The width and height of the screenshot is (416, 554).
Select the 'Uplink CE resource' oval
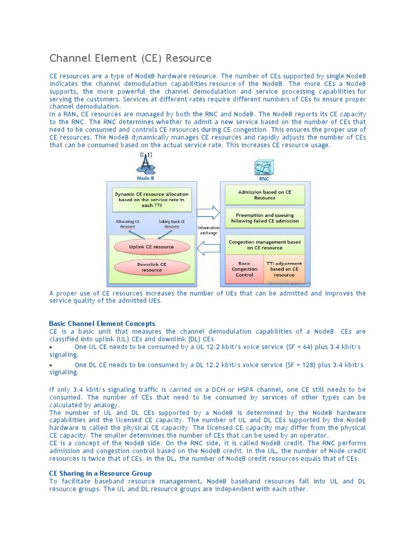point(151,247)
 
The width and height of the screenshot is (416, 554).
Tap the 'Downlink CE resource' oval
point(152,267)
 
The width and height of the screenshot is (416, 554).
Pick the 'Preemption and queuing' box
point(264,217)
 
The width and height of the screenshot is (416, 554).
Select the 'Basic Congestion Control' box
point(244,269)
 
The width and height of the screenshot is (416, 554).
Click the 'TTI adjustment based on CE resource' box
point(284,268)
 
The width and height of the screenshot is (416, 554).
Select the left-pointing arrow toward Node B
point(209,248)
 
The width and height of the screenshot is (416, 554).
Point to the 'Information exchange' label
point(209,231)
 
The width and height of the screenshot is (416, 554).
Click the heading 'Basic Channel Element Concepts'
point(102,324)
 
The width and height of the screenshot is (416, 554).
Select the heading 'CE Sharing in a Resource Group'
point(100,473)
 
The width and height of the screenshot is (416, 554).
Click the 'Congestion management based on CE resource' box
point(264,245)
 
